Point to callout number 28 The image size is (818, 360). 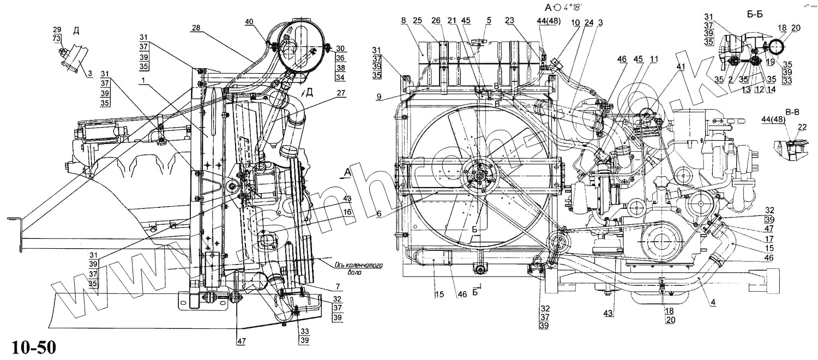[196, 28]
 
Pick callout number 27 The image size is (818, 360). [341, 93]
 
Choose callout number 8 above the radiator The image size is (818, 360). [403, 20]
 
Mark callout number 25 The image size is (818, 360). [418, 20]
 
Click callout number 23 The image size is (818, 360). [509, 21]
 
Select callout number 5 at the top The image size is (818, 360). [489, 21]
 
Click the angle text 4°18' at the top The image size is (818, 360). [572, 7]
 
